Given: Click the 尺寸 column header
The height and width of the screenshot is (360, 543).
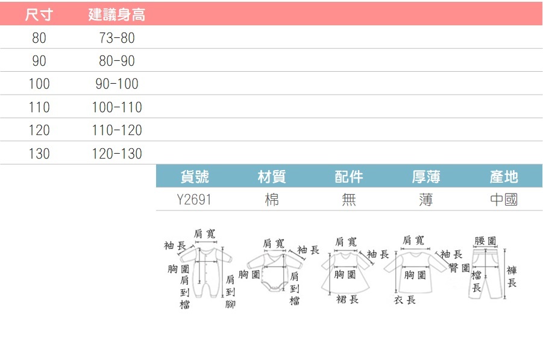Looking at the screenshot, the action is pos(39,14).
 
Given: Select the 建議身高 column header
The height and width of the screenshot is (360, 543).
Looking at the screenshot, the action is pos(117,14).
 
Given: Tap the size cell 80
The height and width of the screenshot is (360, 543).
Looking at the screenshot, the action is pos(39,38).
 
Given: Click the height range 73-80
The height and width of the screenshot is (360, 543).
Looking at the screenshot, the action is pos(117,38).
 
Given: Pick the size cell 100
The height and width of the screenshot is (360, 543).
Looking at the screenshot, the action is pos(39,84).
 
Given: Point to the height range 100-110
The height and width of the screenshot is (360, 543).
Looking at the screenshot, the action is pos(117,107).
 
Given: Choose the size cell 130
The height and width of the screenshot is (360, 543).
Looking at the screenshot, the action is pos(39,154).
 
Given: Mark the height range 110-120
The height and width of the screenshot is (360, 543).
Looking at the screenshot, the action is pos(117,130).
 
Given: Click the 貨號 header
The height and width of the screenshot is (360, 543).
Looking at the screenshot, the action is pos(195,177).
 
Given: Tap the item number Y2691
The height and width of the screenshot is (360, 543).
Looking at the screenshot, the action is pos(194,200).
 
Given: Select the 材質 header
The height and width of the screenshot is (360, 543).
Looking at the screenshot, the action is pos(272,177).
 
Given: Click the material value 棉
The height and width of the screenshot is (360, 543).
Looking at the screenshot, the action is pos(272,200).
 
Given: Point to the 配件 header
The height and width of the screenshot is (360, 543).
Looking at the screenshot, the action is pos(349,177).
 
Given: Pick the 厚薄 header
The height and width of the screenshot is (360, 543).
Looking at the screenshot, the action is pos(426,177).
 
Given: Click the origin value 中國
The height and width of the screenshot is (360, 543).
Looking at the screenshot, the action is pos(504,200).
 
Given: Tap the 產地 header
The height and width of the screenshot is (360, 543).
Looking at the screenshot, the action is pos(504,177).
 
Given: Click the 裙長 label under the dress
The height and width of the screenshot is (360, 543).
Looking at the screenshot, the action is pos(347,299).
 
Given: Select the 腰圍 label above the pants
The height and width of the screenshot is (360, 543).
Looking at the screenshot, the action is pos(486,241).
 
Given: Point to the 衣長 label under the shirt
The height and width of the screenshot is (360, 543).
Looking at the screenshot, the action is pos(404,300).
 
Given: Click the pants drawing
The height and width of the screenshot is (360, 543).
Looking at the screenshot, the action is pos(486,273).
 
